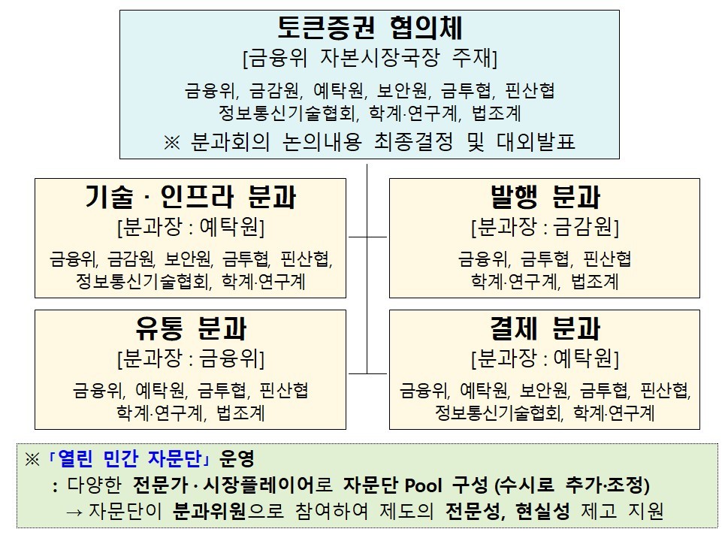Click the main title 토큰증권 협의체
pyautogui.click(x=370, y=28)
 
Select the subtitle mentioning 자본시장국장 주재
pyautogui.click(x=370, y=58)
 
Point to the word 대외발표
pyautogui.click(x=536, y=141)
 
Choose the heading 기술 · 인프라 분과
pyautogui.click(x=190, y=197)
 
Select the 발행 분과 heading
pyautogui.click(x=545, y=197)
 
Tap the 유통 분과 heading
pyautogui.click(x=191, y=328)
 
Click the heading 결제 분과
pyautogui.click(x=545, y=328)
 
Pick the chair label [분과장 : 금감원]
pyautogui.click(x=545, y=227)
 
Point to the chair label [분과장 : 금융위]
pyautogui.click(x=191, y=358)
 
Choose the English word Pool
pyautogui.click(x=424, y=485)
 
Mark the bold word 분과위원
pyautogui.click(x=210, y=511)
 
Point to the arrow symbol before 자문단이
pyautogui.click(x=74, y=512)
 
